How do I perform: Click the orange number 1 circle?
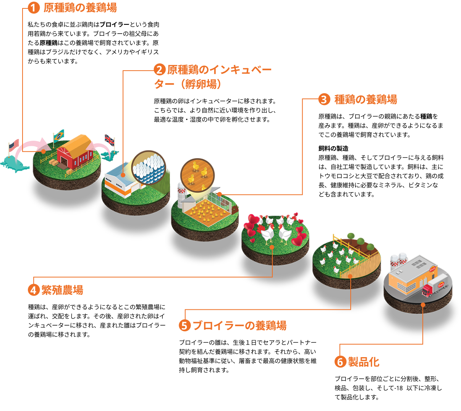(x=34, y=8)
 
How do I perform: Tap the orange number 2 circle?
(x=159, y=70)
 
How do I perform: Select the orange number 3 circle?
(x=324, y=99)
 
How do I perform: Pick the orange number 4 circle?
(x=34, y=290)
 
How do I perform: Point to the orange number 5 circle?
(x=184, y=325)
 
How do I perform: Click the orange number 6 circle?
(x=340, y=362)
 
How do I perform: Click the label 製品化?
(x=364, y=362)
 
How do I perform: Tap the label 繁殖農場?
(x=62, y=290)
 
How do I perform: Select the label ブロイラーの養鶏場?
(x=239, y=325)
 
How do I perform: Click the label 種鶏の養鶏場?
(x=366, y=99)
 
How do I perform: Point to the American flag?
(x=14, y=145)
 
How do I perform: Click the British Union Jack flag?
(x=110, y=140)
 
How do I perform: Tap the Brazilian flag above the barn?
(x=59, y=136)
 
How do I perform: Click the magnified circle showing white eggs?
(x=149, y=168)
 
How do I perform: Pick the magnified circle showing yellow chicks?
(x=197, y=175)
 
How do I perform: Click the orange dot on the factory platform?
(x=423, y=304)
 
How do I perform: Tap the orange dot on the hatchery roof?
(x=123, y=175)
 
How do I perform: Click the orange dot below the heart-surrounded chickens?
(x=272, y=247)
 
